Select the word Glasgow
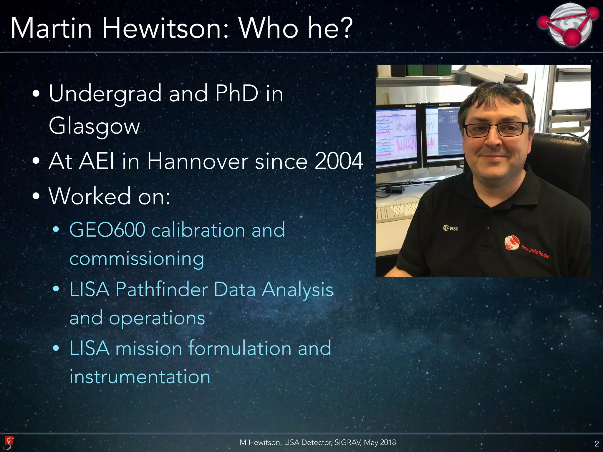94,126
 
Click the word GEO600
107,230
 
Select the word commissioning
137,259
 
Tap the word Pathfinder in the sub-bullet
162,289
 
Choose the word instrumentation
140,377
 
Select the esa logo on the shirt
450,228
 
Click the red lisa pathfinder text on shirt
536,252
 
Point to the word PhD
237,94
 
